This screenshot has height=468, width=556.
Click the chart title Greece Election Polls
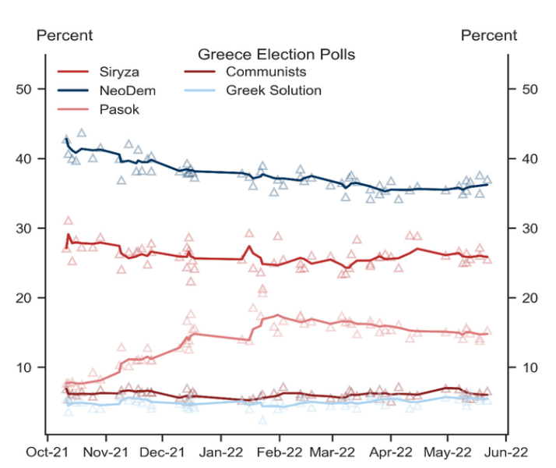[276, 54]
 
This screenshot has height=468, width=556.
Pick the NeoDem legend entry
[121, 91]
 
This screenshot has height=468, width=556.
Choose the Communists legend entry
[266, 73]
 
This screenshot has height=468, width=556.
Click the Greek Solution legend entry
[273, 90]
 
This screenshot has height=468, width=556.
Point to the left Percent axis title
[65, 35]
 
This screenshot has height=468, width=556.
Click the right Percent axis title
[488, 35]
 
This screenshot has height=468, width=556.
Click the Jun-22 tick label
[507, 450]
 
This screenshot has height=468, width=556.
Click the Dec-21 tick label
[164, 450]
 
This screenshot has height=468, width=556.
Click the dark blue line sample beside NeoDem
[74, 91]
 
